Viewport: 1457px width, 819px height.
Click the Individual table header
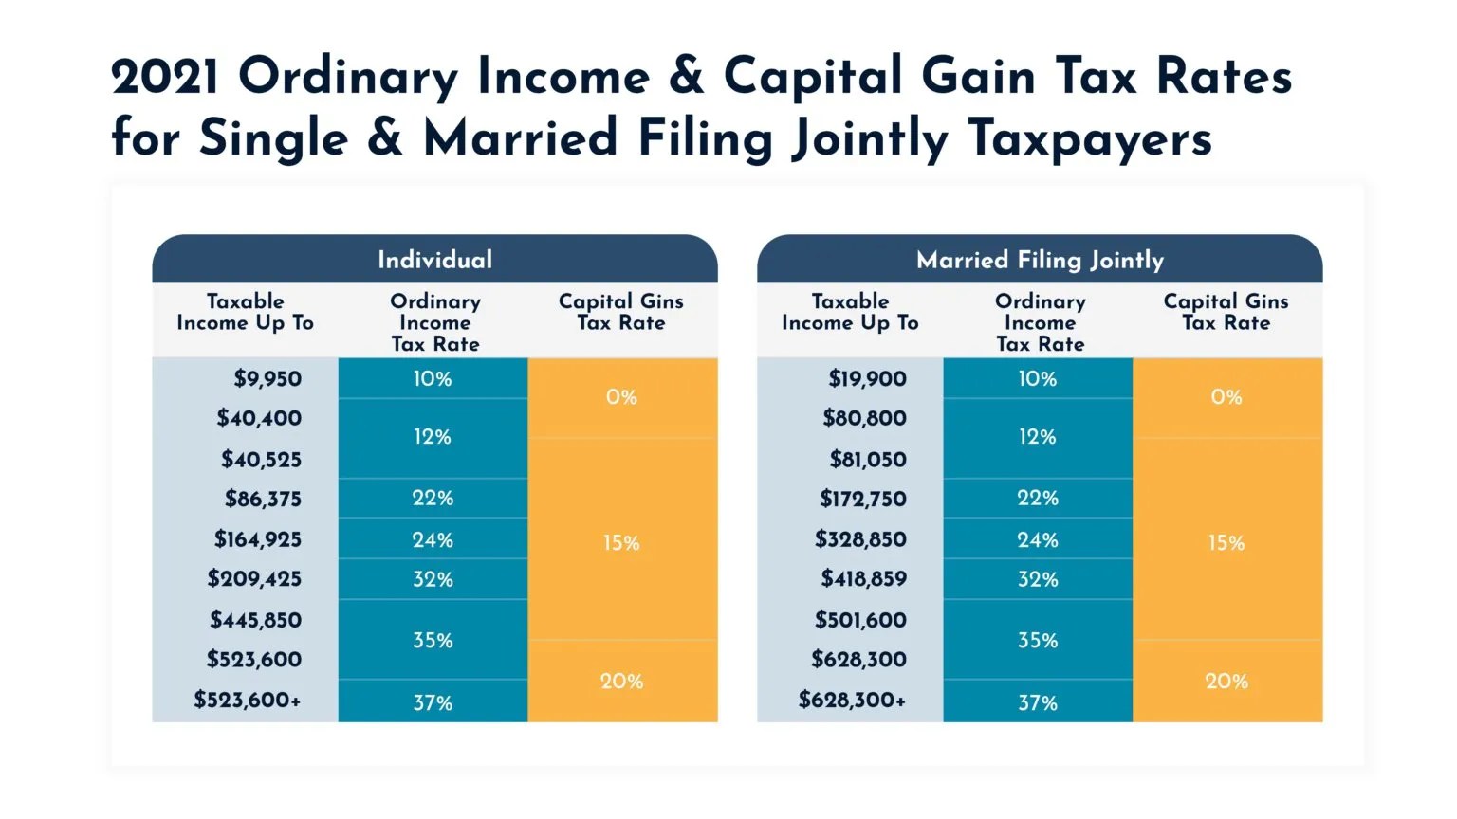[x=434, y=260]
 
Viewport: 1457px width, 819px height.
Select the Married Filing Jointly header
[x=1040, y=260]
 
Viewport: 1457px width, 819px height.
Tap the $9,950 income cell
[x=267, y=379]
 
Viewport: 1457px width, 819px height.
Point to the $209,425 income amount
[x=254, y=578]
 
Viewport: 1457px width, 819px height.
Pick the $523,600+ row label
[x=247, y=700]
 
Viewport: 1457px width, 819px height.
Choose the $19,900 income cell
[x=867, y=379]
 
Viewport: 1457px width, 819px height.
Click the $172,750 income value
[x=862, y=499]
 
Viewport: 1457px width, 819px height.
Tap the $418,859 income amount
[x=863, y=578]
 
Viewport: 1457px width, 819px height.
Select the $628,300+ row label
[x=852, y=700]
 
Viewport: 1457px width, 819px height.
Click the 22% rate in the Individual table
[x=433, y=498]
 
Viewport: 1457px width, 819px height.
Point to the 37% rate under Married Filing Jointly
[x=1037, y=702]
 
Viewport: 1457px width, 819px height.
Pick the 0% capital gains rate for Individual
[x=621, y=397]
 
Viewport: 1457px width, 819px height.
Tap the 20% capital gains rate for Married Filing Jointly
[x=1226, y=681]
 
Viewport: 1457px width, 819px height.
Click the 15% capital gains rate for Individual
[x=621, y=543]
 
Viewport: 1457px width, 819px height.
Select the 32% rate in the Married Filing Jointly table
[x=1037, y=579]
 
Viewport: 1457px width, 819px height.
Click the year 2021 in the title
[x=165, y=77]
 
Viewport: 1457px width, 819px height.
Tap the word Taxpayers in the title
[x=1090, y=138]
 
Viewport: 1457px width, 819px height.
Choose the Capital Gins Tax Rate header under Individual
[x=620, y=312]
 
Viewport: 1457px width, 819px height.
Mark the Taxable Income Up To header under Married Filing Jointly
[x=850, y=312]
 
